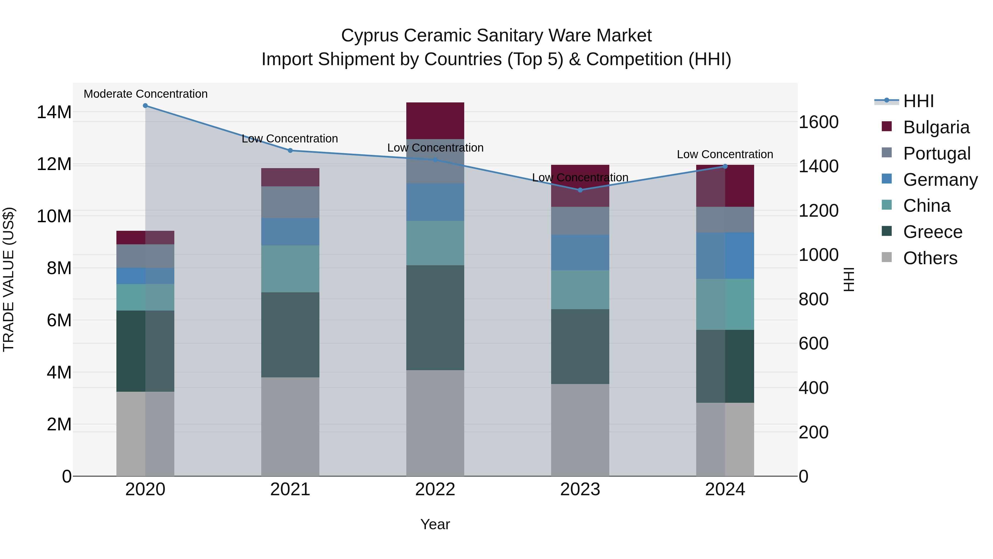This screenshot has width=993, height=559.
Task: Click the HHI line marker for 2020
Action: tap(145, 106)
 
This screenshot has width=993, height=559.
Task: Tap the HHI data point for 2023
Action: tap(580, 190)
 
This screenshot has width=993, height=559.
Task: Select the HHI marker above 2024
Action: tap(725, 166)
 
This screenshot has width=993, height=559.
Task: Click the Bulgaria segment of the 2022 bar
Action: tap(435, 121)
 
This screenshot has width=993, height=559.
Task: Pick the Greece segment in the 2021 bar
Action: tap(290, 335)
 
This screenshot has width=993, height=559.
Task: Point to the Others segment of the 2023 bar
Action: tap(580, 430)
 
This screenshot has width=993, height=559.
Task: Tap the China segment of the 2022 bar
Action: tap(435, 243)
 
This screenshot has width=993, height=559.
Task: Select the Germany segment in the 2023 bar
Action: tap(580, 252)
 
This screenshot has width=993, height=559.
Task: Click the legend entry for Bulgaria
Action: tap(936, 127)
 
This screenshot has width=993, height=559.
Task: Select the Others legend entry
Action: tap(930, 258)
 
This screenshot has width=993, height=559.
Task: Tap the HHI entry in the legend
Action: tap(918, 101)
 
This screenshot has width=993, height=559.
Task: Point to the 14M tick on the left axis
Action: tap(54, 112)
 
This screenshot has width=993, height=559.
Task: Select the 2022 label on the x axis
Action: tap(435, 489)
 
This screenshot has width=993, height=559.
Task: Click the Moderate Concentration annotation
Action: tap(146, 94)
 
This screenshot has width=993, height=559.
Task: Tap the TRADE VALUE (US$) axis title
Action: tap(9, 279)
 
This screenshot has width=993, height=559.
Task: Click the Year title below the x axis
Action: tap(435, 524)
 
